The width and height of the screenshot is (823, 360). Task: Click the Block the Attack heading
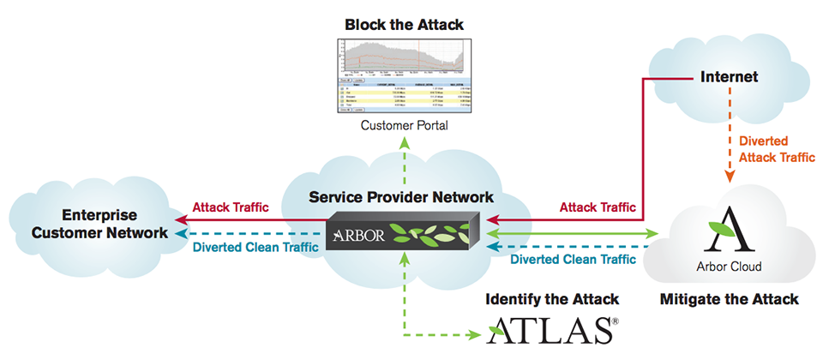click(x=404, y=25)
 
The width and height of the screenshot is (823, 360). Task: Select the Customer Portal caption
click(x=404, y=126)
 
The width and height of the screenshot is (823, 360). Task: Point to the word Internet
click(x=729, y=77)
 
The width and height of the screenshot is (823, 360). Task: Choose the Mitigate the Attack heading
click(x=729, y=299)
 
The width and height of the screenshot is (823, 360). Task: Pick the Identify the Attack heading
click(x=553, y=299)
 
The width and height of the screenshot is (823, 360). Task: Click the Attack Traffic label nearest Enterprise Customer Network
click(x=231, y=207)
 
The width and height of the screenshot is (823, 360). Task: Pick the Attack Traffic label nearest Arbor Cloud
click(x=598, y=207)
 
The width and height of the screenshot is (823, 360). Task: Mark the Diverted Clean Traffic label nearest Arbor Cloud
click(x=574, y=259)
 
